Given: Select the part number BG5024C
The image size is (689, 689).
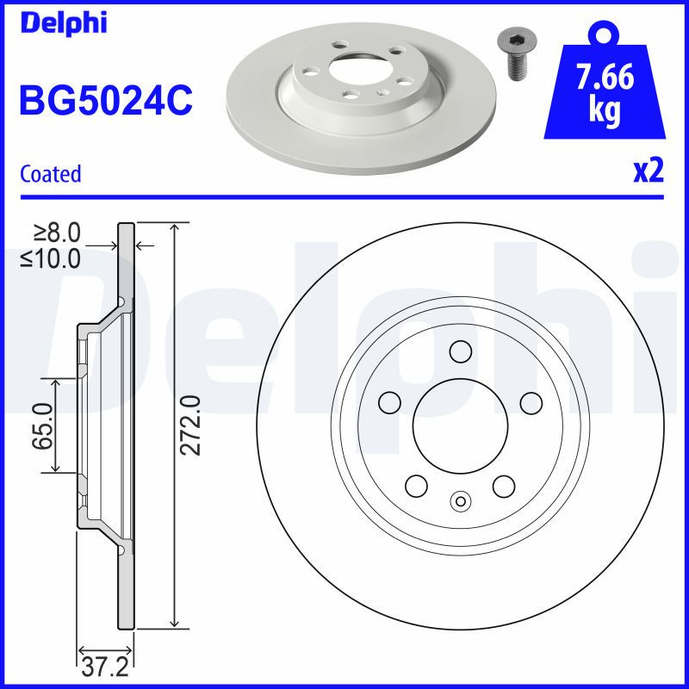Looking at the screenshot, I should point(105,101).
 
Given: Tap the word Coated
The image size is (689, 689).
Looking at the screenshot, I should point(50,174).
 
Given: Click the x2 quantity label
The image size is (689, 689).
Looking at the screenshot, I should point(648,171).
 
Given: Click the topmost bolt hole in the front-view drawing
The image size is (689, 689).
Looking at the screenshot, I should point(461,351).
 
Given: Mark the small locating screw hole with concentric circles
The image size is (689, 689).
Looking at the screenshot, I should point(461,500).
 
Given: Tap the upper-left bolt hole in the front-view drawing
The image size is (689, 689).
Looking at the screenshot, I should point(391,402).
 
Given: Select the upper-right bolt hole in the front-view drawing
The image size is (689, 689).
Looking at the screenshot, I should point(531,402).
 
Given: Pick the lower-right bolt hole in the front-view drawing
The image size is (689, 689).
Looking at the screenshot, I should point(504,486).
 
